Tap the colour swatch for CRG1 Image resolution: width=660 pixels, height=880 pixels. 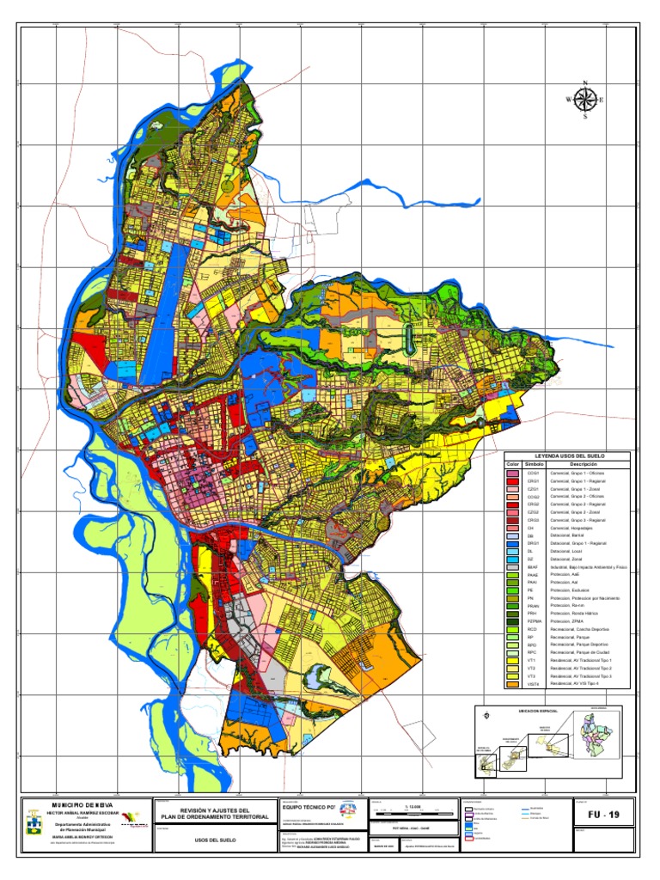point(513,481)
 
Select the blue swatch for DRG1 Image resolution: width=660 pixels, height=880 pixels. point(513,543)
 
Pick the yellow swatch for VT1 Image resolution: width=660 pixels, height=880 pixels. point(513,658)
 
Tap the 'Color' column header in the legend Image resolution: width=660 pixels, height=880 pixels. point(514,464)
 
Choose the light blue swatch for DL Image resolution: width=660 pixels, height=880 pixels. point(513,552)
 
